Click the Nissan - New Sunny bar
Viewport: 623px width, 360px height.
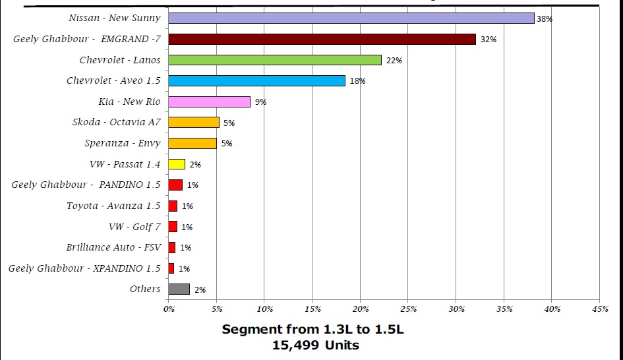351,18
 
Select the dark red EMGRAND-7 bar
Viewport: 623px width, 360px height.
322,40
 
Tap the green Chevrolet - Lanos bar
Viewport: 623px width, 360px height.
275,60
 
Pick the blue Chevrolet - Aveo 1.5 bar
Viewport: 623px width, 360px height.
256,80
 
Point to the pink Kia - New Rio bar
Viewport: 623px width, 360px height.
210,102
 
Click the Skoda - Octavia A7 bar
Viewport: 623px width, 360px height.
194,122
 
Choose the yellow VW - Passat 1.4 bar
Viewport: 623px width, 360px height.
177,164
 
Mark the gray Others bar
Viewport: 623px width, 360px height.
179,289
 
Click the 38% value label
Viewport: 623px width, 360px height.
544,19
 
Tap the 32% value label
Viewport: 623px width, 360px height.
488,40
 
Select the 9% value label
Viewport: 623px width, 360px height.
260,102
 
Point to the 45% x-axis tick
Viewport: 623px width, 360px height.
599,308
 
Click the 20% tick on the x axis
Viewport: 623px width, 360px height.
360,308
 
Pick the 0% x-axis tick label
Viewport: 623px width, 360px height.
169,308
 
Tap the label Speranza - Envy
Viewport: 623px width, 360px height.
122,143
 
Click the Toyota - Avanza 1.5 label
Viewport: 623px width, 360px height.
113,206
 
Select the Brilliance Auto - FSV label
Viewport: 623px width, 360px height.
113,247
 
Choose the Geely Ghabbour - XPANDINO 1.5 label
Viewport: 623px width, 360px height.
84,268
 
